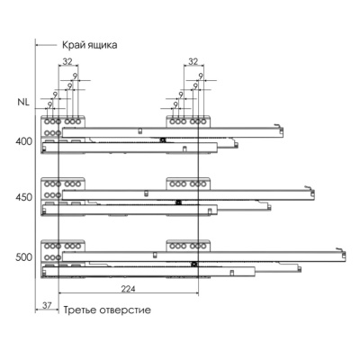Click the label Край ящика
90,45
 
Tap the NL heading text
23,102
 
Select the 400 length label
24,141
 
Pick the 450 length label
24,197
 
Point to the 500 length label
24,257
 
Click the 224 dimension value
128,289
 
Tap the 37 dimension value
47,306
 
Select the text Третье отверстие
107,310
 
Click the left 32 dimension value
67,61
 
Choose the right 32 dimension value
193,61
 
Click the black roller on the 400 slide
163,139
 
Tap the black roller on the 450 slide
178,202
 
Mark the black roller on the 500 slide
194,265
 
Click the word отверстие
125,310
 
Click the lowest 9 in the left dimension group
49,105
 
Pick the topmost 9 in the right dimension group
201,76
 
